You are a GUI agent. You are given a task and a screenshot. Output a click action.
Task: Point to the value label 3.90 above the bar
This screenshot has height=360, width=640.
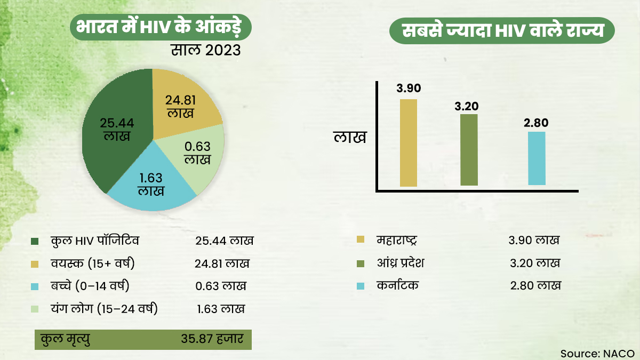tap(409, 88)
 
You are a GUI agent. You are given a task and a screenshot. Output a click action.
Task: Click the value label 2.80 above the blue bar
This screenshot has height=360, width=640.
tap(536, 123)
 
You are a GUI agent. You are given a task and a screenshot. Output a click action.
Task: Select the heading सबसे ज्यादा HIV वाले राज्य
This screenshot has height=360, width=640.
tap(501, 31)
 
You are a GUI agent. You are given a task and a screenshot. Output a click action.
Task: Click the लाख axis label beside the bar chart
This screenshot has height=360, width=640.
tap(350, 137)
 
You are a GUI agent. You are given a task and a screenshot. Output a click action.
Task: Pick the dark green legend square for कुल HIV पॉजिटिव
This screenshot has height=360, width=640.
tap(35, 241)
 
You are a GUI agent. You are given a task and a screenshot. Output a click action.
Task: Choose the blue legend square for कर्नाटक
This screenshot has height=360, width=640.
tap(361, 286)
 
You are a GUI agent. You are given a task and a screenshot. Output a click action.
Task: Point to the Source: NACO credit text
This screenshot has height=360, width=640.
tap(597, 353)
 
